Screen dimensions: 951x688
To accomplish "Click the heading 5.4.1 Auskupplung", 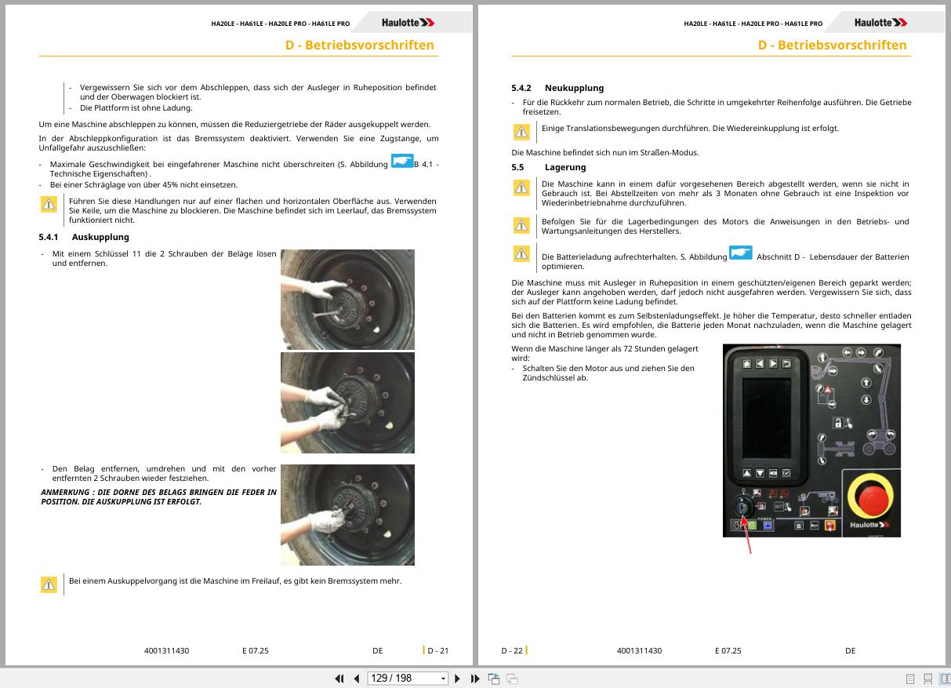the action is point(84,237).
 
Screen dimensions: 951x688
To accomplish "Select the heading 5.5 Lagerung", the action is point(549,167).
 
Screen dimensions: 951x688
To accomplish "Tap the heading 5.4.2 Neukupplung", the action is point(557,88).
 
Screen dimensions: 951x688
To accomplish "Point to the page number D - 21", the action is point(437,650).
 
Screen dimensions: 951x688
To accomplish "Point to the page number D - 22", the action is point(512,650).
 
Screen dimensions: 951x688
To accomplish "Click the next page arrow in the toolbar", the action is point(457,679).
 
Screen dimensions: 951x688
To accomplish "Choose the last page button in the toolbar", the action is point(475,679).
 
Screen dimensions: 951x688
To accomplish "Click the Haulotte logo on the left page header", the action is point(408,23).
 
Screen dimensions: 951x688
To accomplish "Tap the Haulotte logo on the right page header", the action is point(880,23).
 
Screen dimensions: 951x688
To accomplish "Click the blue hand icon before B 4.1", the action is point(401,161).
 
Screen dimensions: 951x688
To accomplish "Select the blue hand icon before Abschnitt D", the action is point(740,253).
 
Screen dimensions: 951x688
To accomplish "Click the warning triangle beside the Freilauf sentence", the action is point(49,584).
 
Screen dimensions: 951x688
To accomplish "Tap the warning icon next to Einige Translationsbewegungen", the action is point(521,132).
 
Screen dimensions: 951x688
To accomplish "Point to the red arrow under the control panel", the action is point(746,534).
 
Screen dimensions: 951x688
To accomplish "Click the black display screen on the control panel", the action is point(766,418).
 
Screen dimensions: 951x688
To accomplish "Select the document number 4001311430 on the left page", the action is point(166,650).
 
